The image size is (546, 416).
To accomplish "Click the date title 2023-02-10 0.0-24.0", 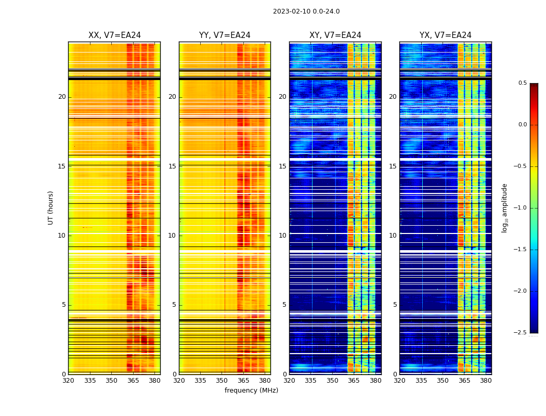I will click(x=306, y=11).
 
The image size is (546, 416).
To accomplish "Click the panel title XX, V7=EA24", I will click(x=114, y=35).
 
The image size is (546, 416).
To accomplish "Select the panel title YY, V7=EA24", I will click(x=225, y=35).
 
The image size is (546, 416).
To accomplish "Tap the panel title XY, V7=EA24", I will click(x=335, y=35).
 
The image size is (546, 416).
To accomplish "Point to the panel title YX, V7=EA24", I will click(x=446, y=35).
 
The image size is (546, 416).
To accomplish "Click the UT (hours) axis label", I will click(x=51, y=207).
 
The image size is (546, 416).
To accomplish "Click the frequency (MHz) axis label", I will click(x=251, y=391).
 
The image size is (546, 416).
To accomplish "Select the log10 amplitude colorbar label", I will click(x=504, y=207).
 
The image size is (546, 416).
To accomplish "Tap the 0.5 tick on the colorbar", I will click(x=522, y=83).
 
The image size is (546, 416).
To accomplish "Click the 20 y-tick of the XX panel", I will click(x=62, y=97).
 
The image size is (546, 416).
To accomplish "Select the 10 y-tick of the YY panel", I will click(x=172, y=236).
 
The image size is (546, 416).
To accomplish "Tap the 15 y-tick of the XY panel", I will click(x=282, y=166).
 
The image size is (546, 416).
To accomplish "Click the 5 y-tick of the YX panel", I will click(x=395, y=305).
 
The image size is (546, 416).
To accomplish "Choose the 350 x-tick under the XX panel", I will click(x=111, y=381).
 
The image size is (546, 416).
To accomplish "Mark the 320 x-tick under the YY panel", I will click(x=179, y=381).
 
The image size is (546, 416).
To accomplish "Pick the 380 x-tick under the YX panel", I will click(x=486, y=381).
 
